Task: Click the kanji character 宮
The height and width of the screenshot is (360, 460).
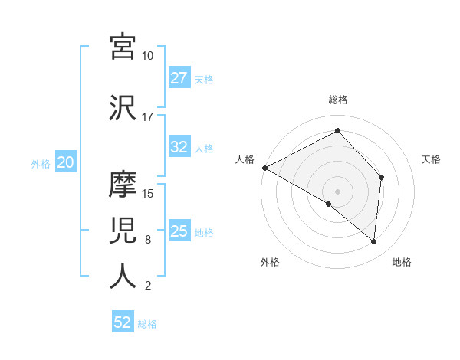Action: [123, 47]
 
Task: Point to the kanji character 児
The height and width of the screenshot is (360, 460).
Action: [123, 231]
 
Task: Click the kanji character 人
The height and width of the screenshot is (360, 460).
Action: [123, 277]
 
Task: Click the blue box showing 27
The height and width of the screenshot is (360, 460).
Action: [179, 78]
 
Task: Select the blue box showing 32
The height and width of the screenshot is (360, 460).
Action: [179, 148]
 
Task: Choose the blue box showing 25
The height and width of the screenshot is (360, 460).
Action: [179, 231]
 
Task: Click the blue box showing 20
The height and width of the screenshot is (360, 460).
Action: [66, 162]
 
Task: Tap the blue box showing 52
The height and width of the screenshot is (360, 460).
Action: [123, 323]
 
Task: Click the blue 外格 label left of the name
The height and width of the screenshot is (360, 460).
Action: [41, 163]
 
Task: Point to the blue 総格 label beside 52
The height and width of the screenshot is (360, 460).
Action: [147, 324]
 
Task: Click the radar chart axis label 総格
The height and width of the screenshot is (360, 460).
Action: [337, 100]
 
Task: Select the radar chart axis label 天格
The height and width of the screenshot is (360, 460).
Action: [431, 159]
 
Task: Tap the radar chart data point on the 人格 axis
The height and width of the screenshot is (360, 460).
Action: [264, 167]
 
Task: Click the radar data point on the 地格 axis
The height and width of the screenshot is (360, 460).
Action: [374, 241]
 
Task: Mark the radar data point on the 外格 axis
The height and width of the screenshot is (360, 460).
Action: [329, 204]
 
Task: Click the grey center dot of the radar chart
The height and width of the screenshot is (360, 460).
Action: [337, 191]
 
